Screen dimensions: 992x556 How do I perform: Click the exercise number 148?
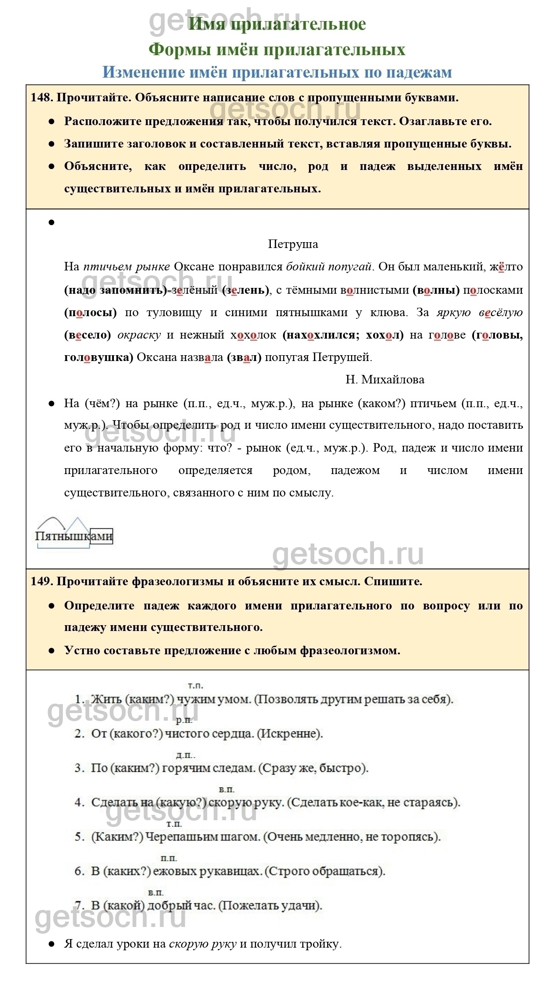coord(41,97)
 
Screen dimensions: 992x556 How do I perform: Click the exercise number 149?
coord(41,582)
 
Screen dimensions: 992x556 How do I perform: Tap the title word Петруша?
coord(293,244)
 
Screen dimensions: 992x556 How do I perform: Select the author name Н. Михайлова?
coord(385,379)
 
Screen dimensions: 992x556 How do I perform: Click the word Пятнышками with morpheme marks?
coord(74,536)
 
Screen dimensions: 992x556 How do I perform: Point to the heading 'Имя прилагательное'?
coord(277,24)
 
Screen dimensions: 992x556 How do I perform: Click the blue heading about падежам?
coord(277,72)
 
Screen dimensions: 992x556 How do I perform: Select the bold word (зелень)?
coord(246,290)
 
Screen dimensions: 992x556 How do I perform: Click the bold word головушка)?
coord(99,357)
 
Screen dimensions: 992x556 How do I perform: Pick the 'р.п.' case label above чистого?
coord(184,720)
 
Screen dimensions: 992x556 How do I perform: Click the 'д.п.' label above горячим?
coord(185,755)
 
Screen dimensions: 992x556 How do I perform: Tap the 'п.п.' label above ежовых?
coord(169,858)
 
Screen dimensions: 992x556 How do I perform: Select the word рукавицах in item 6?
coord(233,871)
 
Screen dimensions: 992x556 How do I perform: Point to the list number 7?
coord(79,905)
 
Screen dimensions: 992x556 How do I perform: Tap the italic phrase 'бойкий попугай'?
coord(329,267)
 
